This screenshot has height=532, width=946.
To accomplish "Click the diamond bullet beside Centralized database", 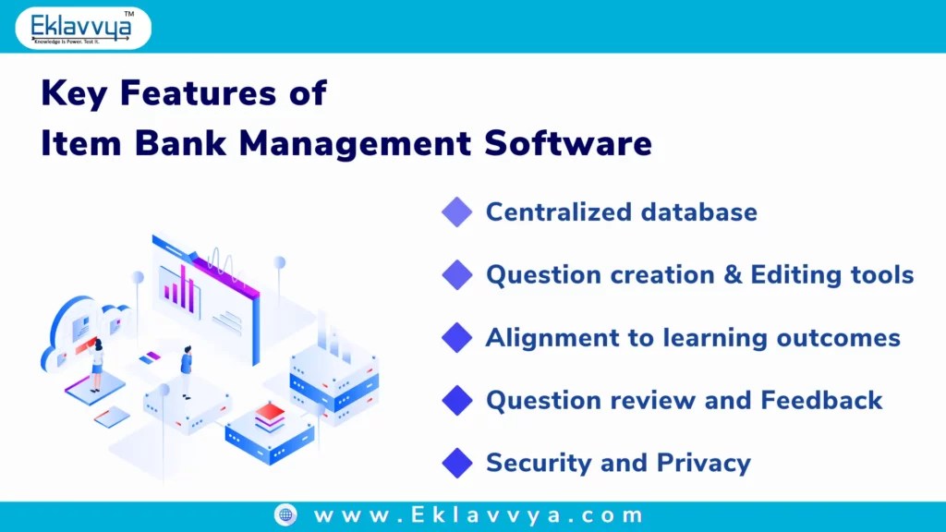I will coord(456,212).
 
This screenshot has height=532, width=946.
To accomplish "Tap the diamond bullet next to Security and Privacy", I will coord(456,463).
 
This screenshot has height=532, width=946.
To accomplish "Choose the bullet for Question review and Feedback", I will coord(456,400).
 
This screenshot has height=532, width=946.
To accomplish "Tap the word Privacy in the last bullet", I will coord(703,463).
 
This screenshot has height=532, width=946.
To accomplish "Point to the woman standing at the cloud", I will coord(96,361).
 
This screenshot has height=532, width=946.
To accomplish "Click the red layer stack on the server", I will coord(270,417).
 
